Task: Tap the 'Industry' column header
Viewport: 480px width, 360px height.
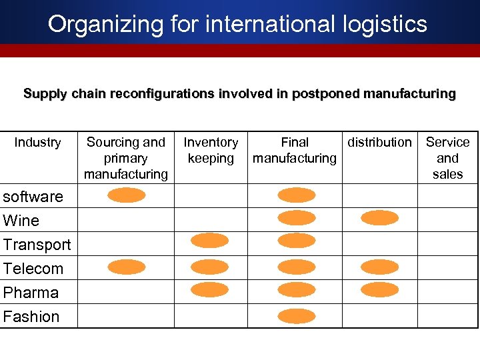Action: point(37,142)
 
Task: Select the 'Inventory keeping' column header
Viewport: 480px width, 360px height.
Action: point(211,150)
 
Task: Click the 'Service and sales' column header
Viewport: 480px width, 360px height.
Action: point(447,158)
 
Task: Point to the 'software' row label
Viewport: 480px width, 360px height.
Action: point(33,197)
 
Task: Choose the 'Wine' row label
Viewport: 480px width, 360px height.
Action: point(21,221)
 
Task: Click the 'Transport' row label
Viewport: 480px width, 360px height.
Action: point(37,245)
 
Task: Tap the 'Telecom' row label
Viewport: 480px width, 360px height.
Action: point(33,269)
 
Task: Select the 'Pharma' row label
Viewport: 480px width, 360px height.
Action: point(31,293)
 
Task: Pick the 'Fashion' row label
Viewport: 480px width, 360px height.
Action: point(31,317)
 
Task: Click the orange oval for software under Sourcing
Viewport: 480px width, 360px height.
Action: point(127,195)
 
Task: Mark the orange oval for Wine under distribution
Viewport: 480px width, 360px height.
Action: point(379,218)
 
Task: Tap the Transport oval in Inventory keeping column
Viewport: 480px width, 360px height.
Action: point(209,241)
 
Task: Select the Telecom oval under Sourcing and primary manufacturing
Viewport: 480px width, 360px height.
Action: point(127,267)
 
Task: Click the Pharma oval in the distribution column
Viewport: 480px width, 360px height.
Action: point(379,289)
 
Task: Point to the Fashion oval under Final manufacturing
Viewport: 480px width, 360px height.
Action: point(296,316)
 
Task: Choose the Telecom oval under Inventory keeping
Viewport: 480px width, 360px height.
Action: point(209,267)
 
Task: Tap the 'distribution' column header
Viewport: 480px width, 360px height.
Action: point(379,142)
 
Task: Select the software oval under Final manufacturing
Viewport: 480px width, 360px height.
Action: point(296,195)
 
